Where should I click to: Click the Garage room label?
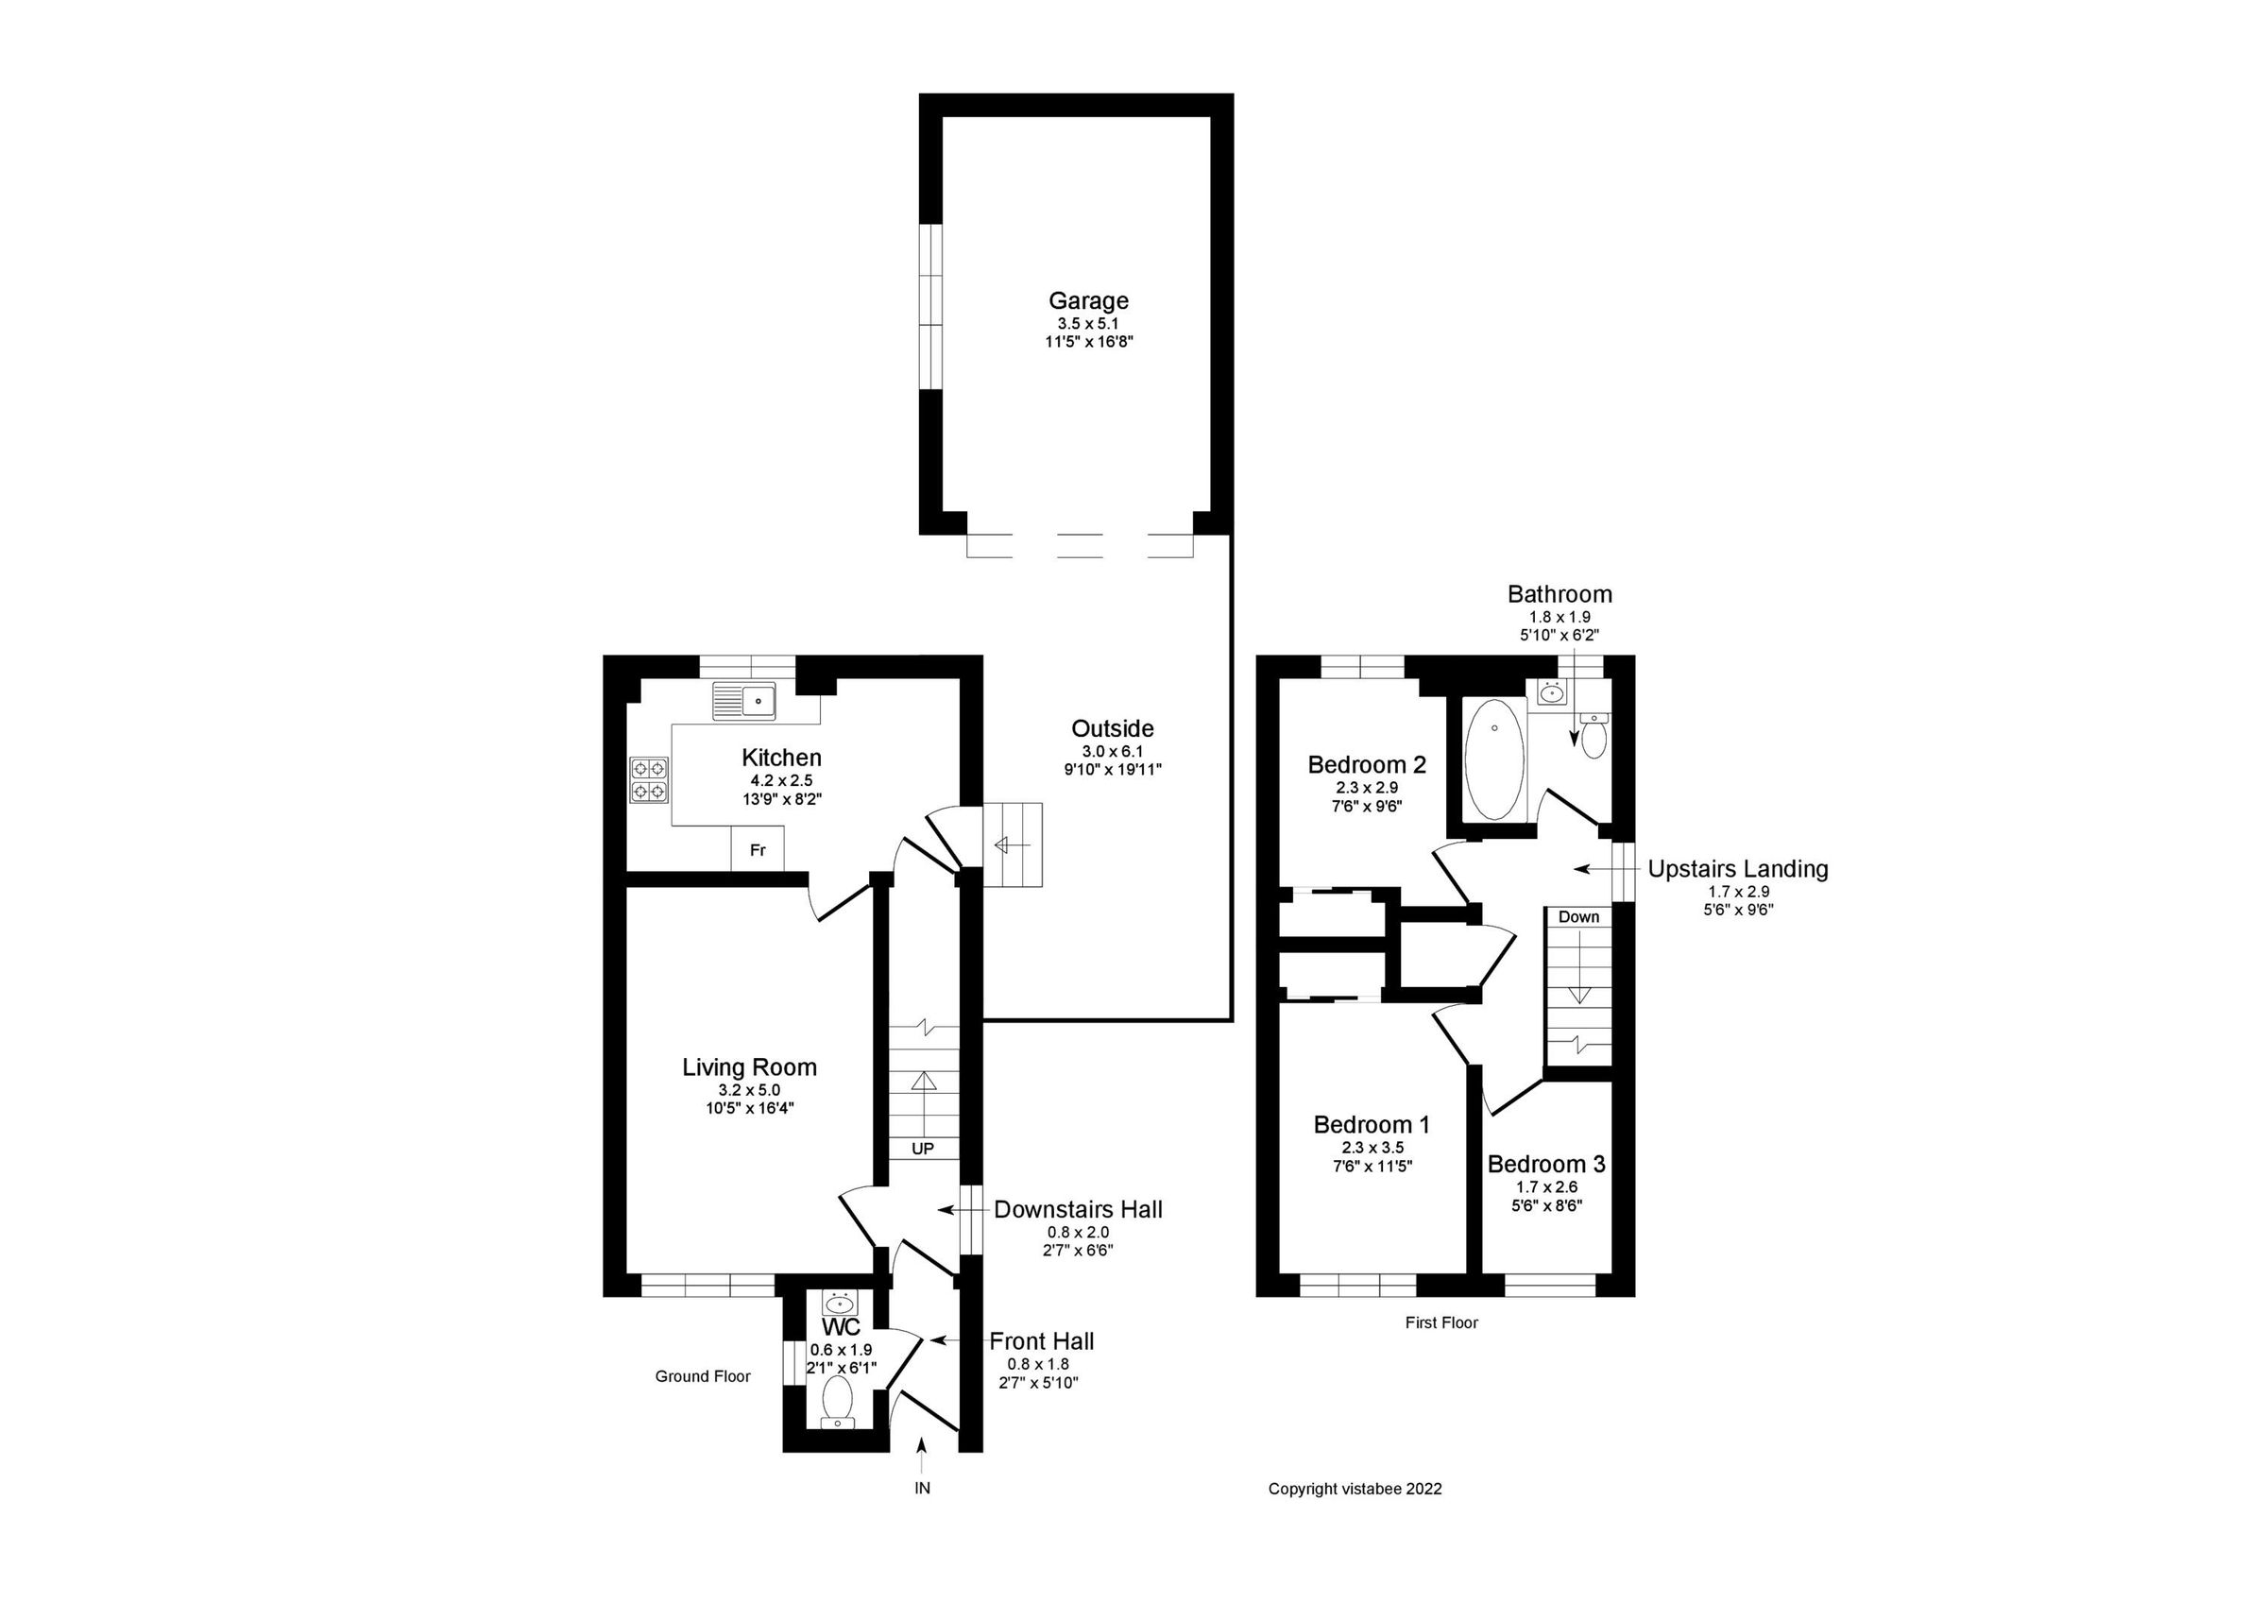tap(1088, 300)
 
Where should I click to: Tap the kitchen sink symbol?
tap(744, 699)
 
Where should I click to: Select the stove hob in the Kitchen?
tap(649, 779)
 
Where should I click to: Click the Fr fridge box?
tap(758, 850)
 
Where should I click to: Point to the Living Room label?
tap(749, 1066)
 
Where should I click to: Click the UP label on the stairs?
tap(922, 1149)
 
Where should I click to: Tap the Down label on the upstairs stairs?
tap(1577, 916)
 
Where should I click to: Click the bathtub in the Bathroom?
tap(1494, 759)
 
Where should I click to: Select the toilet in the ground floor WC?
tap(838, 1401)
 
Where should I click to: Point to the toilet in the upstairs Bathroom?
tap(1594, 737)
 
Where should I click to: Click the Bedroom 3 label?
tap(1546, 1164)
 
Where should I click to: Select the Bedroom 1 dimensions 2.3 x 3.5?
tap(1372, 1148)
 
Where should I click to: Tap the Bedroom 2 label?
tap(1367, 763)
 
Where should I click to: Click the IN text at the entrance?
tap(921, 1489)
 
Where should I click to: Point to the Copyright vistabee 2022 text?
tap(1355, 1489)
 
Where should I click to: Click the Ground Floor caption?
tap(703, 1376)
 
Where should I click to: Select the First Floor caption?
tap(1441, 1322)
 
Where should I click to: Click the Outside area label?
tap(1112, 728)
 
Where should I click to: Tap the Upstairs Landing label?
tap(1738, 869)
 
